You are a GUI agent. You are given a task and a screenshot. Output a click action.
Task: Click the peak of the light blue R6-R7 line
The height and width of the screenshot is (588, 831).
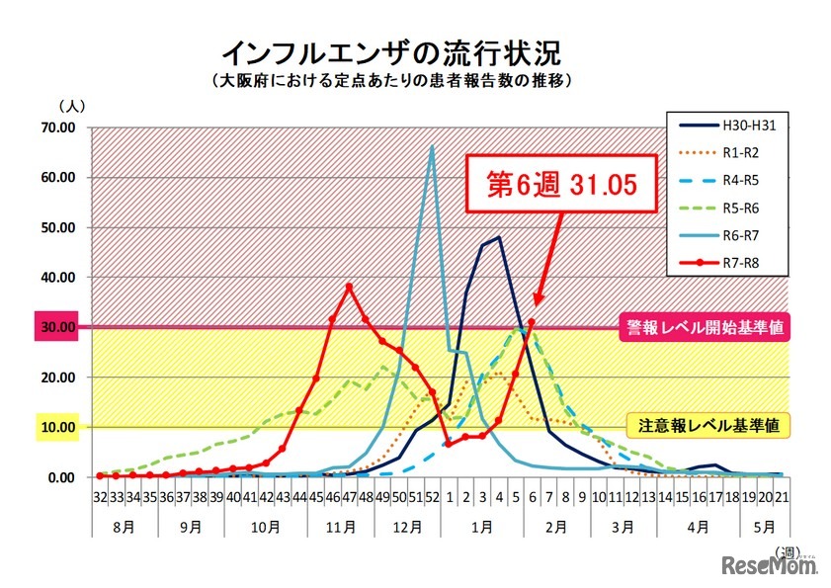[432, 147]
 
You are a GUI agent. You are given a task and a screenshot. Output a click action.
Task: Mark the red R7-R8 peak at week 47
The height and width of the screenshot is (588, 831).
[349, 287]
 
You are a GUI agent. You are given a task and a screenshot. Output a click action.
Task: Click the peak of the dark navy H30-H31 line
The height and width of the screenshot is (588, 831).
[499, 237]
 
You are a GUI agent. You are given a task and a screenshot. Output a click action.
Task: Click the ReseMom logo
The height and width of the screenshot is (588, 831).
[767, 564]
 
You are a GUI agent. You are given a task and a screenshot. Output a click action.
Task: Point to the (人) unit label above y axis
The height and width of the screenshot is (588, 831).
[73, 105]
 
